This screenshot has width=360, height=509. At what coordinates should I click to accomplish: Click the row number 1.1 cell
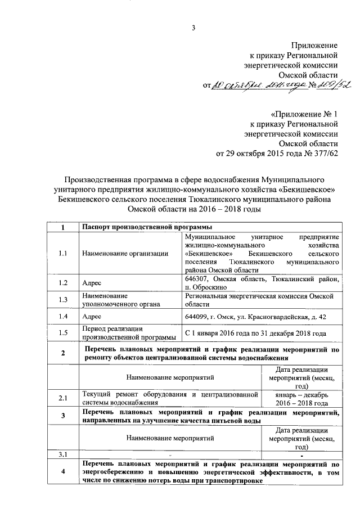pos(62,253)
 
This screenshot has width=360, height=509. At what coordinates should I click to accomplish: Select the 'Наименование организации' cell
pos(125,253)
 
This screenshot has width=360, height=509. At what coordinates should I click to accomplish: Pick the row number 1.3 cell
pos(62,299)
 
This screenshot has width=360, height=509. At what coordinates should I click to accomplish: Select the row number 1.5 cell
pos(62,333)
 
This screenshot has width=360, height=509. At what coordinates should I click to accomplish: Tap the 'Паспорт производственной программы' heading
pos(147,227)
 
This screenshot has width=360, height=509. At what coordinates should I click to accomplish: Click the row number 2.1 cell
pos(62,399)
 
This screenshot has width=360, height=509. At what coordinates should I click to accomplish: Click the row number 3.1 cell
pos(62,454)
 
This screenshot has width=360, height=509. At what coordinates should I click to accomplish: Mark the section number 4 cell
pos(62,473)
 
